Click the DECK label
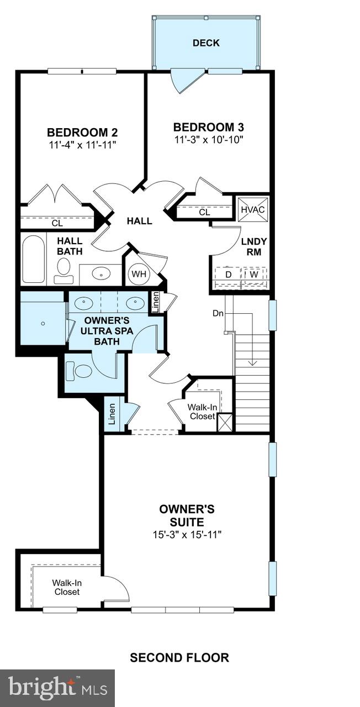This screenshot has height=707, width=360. [x=206, y=43]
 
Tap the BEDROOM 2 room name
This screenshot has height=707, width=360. [x=82, y=133]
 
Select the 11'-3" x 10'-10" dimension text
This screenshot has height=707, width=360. [x=209, y=139]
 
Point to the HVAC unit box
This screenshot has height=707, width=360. [x=253, y=209]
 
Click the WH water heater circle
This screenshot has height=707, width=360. [x=137, y=273]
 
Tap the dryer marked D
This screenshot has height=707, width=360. [x=229, y=275]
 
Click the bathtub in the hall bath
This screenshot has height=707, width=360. [x=34, y=260]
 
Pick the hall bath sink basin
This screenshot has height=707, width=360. [x=100, y=273]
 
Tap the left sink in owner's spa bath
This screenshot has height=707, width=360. [x=83, y=303]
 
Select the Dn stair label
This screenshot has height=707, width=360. [x=218, y=313]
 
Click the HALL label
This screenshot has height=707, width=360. [x=139, y=221]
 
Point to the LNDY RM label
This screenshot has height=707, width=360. [x=254, y=246]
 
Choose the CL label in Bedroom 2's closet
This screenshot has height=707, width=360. [x=57, y=224]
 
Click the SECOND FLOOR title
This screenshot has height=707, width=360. [x=179, y=657]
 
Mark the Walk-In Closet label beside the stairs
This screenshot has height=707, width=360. [x=202, y=412]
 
